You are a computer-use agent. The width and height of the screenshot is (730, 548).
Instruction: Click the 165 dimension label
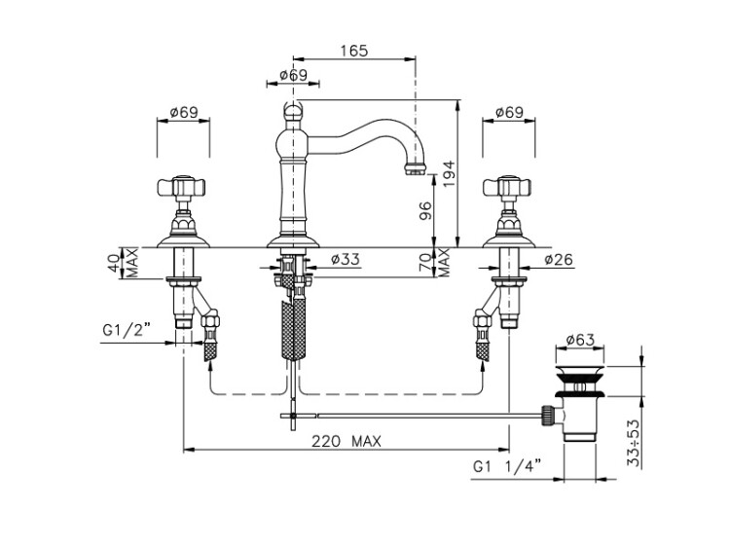tap(354, 51)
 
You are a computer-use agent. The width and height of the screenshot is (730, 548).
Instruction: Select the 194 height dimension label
tap(449, 174)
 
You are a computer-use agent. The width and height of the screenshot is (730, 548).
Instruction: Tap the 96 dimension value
tap(425, 210)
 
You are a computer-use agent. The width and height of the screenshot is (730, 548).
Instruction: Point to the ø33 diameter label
tap(346, 259)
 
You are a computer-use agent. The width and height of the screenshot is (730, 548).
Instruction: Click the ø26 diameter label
tap(559, 259)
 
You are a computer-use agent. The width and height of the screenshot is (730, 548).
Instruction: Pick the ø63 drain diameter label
tap(580, 341)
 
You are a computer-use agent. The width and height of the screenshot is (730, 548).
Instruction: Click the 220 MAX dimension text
tap(347, 441)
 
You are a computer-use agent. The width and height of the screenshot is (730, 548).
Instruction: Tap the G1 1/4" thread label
tap(507, 466)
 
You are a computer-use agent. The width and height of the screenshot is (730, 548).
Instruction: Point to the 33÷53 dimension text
tap(634, 443)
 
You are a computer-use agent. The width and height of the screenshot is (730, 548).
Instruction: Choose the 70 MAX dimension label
tap(433, 263)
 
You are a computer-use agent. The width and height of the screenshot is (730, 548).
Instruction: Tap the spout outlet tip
tap(415, 168)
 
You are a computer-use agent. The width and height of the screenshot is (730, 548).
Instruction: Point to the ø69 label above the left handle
tap(184, 112)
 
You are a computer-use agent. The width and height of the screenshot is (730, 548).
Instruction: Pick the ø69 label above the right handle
tap(509, 112)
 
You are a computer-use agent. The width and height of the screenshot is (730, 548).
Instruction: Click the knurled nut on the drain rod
tap(547, 416)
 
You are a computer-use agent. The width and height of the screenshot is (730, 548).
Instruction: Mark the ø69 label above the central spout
tap(294, 75)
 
